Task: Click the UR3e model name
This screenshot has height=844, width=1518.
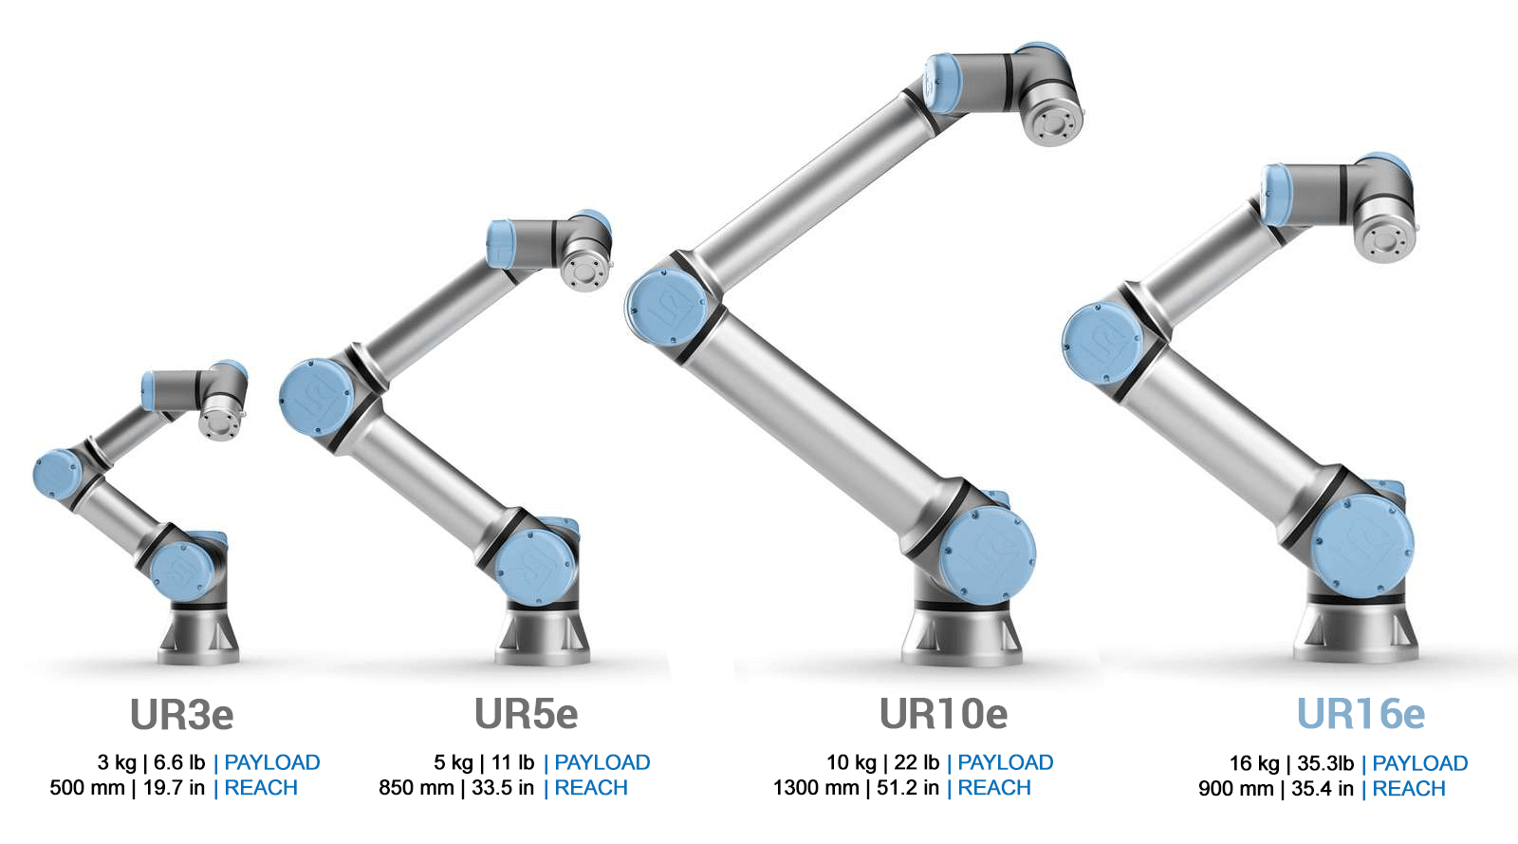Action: click(181, 715)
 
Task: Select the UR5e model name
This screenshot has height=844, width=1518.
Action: click(526, 714)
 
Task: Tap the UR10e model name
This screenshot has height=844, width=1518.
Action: click(943, 714)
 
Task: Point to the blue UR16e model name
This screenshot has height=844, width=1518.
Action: click(1361, 714)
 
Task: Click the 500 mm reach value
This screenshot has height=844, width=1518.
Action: click(87, 788)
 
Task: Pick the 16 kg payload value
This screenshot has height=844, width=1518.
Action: click(1254, 763)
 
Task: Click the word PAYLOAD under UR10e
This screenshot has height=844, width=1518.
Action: click(1006, 762)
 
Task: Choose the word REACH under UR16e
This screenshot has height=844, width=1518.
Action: click(1409, 789)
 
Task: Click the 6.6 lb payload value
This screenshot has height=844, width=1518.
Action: click(179, 762)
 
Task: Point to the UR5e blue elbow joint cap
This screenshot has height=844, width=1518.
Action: click(315, 397)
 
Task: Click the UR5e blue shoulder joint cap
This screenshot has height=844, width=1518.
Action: click(537, 567)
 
